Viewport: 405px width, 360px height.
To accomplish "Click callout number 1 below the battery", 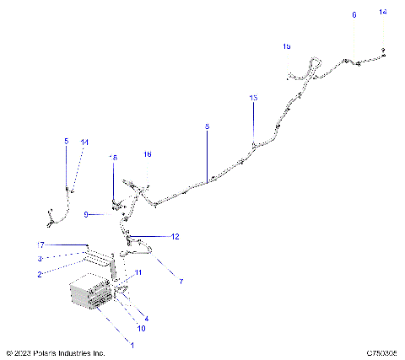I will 130,344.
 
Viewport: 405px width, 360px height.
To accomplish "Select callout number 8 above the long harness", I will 207,126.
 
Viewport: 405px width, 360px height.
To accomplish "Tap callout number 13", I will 253,99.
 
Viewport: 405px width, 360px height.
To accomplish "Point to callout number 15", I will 286,46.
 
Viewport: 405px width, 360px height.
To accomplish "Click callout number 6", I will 354,15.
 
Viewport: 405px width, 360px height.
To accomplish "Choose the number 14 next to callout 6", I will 383,13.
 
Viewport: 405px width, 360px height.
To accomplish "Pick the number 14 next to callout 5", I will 84,142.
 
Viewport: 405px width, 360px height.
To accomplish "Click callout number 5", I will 67,142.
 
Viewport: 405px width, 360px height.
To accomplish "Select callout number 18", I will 114,158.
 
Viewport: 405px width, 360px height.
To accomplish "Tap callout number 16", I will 148,154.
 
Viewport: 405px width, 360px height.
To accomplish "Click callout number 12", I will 175,237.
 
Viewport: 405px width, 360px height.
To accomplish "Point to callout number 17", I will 40,244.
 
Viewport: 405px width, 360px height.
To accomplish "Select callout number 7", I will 179,281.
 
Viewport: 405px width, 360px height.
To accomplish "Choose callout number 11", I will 138,272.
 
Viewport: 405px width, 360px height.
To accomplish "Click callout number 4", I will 146,319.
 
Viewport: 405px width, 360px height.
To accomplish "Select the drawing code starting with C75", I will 381,353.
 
